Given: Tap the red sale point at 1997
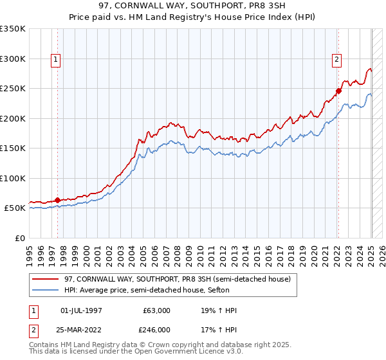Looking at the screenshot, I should (x=58, y=200).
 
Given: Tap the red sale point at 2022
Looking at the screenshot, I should (x=338, y=91).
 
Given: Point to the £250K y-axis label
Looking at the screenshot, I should (x=13, y=89).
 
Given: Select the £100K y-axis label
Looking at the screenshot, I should (x=13, y=178).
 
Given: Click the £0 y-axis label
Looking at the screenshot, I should (x=19, y=238).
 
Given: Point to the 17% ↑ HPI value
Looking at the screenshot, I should (x=219, y=329).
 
